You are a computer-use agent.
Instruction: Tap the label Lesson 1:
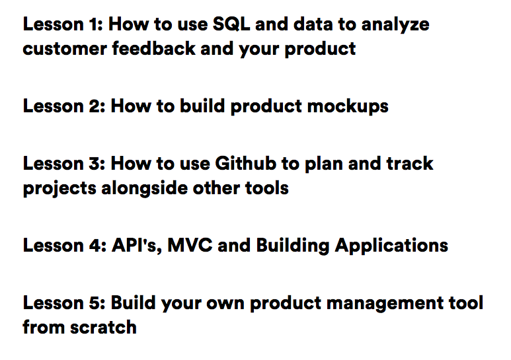pos(62,25)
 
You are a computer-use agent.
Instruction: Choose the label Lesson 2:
pos(63,106)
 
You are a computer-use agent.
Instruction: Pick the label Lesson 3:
pos(63,163)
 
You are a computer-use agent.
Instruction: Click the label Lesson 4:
pos(63,246)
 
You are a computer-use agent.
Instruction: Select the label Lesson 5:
pos(63,303)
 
